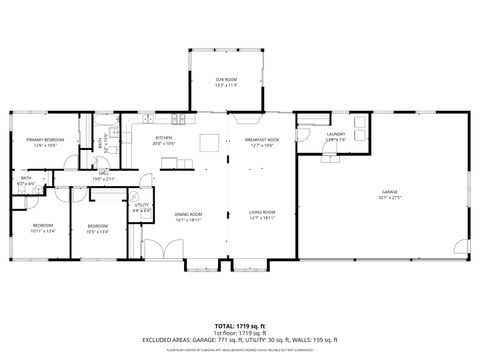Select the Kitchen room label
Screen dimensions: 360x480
(x=164, y=140)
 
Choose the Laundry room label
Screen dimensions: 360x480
(x=336, y=136)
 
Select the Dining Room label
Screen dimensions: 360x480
(x=189, y=215)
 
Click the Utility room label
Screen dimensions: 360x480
(x=142, y=207)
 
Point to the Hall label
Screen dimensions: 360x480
(x=104, y=177)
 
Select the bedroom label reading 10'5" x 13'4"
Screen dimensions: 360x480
(x=98, y=229)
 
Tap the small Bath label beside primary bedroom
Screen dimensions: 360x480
(x=26, y=181)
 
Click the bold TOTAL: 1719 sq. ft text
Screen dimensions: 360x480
(x=240, y=325)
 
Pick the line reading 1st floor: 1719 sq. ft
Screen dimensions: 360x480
(x=240, y=332)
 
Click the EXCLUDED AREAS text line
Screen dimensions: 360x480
(x=240, y=339)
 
